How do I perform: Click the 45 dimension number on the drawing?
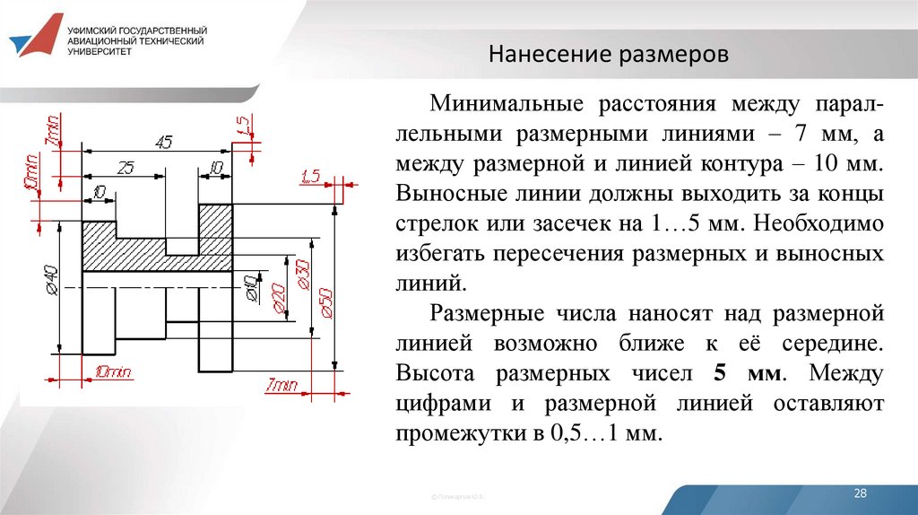[163, 142]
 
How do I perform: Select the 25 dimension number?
[126, 168]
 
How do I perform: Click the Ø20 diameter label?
[277, 298]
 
